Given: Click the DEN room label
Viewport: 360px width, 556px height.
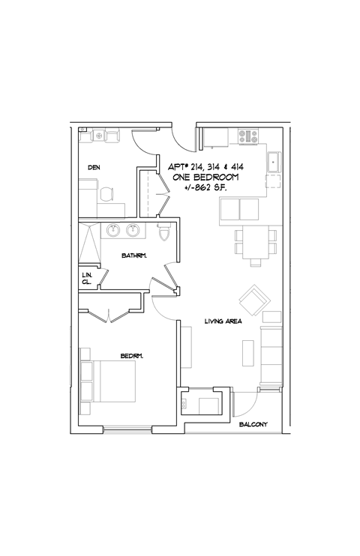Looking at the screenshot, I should click(94, 167).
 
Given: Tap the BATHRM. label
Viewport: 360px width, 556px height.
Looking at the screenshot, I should click(134, 256).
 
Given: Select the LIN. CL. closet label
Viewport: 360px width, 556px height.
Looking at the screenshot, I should click(87, 279).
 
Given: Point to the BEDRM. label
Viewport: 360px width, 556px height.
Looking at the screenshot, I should click(131, 355).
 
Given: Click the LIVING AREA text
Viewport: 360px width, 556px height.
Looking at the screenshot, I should click(222, 322).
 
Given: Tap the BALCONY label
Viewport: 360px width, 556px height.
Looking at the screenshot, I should click(253, 425).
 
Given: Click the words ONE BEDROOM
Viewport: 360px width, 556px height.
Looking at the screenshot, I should click(205, 177).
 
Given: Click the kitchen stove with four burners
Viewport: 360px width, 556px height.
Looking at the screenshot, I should click(248, 137).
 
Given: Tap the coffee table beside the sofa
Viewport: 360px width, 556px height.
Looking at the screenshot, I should click(247, 351).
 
